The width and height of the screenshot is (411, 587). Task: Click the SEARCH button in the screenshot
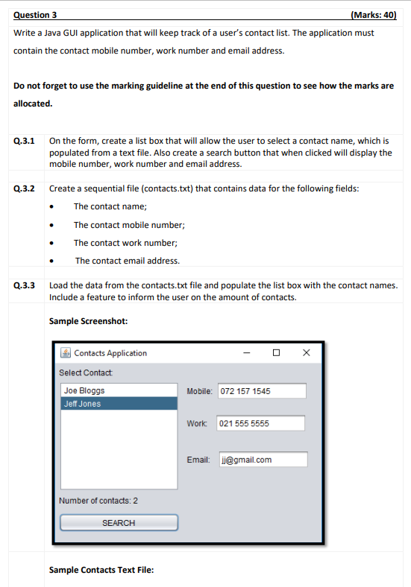[x=119, y=523]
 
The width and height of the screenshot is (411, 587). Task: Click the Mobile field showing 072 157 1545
[x=262, y=391]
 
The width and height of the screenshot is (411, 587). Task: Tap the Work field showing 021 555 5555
[x=260, y=423]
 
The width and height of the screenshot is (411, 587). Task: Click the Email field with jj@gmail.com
[x=263, y=460]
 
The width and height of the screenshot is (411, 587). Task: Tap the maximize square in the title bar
[x=277, y=353]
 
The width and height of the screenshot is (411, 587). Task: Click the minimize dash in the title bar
[x=247, y=353]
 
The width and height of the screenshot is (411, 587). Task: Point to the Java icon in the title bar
[x=66, y=353]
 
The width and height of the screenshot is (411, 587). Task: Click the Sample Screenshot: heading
[x=88, y=321]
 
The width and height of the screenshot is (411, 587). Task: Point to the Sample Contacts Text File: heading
[x=101, y=570]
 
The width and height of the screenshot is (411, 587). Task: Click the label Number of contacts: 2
[x=98, y=501]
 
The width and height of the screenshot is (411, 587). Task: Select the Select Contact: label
[x=86, y=372]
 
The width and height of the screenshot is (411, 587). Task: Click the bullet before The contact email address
[x=51, y=261]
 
